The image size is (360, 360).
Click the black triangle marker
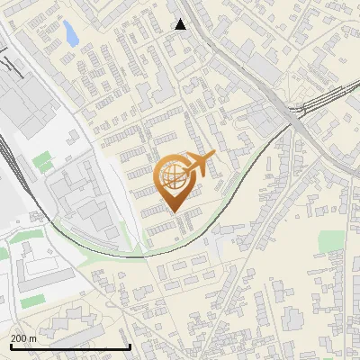[x=180, y=24]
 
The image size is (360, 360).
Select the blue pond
[x=69, y=34]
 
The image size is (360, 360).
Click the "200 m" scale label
[x=23, y=338]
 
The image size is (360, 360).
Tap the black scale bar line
[x=69, y=346]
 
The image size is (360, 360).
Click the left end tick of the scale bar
[x=9, y=345]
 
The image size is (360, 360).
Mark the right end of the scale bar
[x=130, y=345]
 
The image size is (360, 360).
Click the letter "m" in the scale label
[x=32, y=338]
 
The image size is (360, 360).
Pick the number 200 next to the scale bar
[x=19, y=338]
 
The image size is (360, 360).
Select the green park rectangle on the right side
[x=331, y=240]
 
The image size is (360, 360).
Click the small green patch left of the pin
[x=42, y=162]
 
